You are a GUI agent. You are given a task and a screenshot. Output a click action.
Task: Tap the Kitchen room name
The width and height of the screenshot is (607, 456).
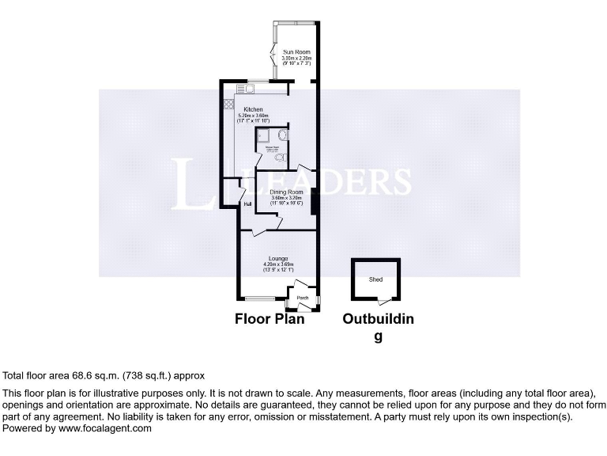pyautogui.click(x=253, y=109)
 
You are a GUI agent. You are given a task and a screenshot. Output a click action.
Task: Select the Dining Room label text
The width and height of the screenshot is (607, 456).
pyautogui.click(x=285, y=192)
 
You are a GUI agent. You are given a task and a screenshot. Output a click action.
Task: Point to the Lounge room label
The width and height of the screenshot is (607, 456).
pyautogui.click(x=277, y=258)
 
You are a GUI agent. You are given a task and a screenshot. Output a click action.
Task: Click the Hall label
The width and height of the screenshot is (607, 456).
pyautogui.click(x=247, y=203)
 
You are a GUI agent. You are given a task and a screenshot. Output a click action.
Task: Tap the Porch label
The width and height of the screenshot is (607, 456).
pyautogui.click(x=302, y=299)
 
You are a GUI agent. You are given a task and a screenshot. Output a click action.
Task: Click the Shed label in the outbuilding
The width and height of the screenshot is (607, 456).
pyautogui.click(x=375, y=279)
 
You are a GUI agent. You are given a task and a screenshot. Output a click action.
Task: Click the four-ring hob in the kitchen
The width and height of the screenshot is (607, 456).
pyautogui.click(x=229, y=104)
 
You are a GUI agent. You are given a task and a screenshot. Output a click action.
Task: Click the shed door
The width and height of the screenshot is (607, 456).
pyautogui.click(x=384, y=301)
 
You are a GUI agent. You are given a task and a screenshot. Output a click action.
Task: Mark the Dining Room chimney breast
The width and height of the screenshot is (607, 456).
pyautogui.click(x=315, y=202)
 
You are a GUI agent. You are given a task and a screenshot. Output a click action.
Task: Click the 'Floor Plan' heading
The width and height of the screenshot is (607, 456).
pyautogui.click(x=269, y=320)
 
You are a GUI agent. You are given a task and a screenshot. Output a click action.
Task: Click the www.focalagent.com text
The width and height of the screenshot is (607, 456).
pyautogui.click(x=106, y=428)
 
